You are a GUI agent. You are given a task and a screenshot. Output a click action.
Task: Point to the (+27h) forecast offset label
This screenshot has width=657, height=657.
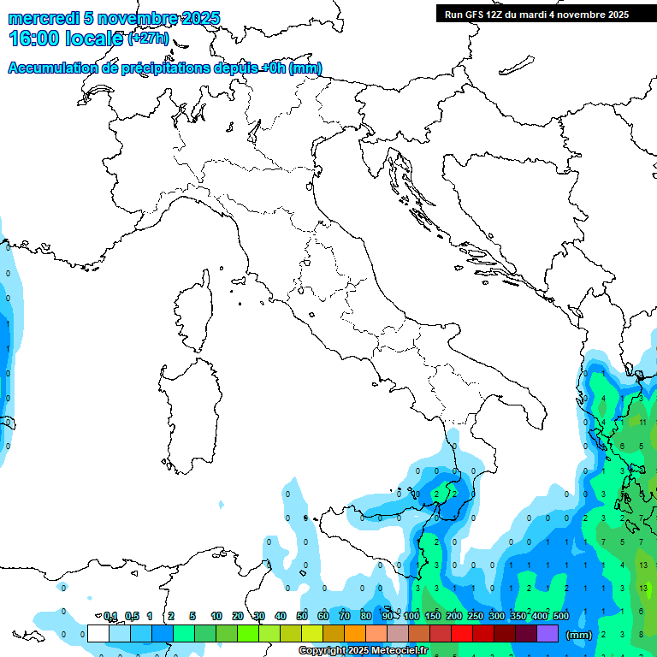148,39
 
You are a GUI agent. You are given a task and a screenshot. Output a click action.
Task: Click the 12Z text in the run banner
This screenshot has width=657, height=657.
497,15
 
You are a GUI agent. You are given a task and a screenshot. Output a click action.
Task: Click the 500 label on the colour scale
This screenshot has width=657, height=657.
561,616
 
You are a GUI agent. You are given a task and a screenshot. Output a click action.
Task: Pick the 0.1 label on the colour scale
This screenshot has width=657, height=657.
110,616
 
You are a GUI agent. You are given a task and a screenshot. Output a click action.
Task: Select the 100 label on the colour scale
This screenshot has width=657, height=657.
411,616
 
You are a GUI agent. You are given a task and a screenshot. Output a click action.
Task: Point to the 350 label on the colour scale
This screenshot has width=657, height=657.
518,616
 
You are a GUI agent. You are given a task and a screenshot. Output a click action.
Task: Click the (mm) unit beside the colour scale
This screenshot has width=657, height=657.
579,635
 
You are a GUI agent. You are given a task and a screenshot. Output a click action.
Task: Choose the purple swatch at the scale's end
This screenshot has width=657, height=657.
547,634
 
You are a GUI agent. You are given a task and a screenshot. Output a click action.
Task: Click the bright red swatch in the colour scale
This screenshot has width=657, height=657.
462,634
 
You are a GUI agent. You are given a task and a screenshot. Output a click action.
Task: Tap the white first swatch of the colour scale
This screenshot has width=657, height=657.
98,634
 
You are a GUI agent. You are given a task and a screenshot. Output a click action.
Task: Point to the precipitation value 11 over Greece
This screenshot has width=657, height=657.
642,423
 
